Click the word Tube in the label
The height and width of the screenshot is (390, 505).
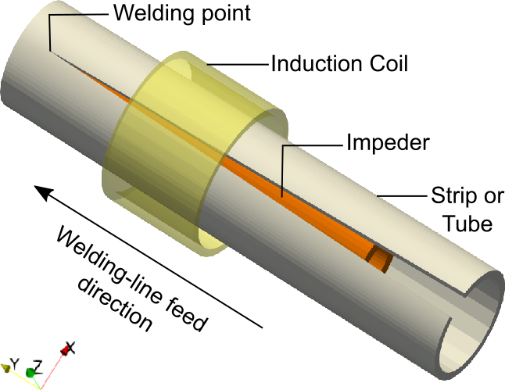pos(467,224)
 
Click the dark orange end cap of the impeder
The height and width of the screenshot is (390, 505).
pos(381,259)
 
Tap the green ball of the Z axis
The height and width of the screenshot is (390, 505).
pos(30,374)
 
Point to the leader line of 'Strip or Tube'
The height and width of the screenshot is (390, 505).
pos(399,194)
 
